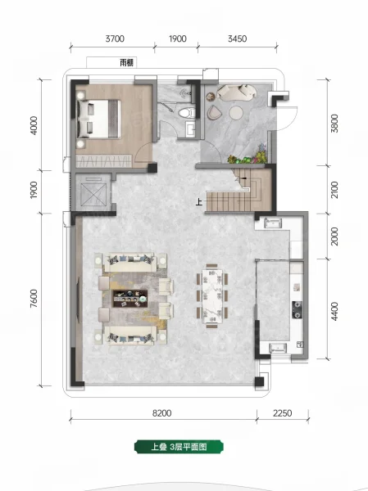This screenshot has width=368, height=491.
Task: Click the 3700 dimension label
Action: coord(115,38)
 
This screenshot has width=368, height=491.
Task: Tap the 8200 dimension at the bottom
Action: coord(162,413)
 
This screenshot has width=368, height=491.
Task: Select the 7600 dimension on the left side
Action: coord(34,299)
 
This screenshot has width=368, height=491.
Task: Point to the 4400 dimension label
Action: coord(334,311)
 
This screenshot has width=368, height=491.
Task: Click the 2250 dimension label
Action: coord(283,413)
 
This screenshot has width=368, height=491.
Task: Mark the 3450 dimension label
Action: coord(237,38)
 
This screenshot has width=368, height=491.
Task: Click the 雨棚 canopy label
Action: coord(127,63)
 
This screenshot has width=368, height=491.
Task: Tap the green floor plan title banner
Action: coord(179,447)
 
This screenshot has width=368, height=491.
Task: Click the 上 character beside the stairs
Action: coord(199,202)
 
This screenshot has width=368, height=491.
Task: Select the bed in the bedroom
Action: coord(99,119)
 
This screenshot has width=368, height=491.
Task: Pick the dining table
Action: coord(212,295)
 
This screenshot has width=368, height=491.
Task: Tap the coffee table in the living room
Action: coord(130,299)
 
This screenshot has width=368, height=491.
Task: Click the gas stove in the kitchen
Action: coord(297,309)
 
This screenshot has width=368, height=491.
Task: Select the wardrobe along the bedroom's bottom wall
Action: coord(104,161)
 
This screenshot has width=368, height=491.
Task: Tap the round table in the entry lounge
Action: coord(235,113)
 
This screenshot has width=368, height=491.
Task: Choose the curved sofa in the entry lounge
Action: coord(237,92)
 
